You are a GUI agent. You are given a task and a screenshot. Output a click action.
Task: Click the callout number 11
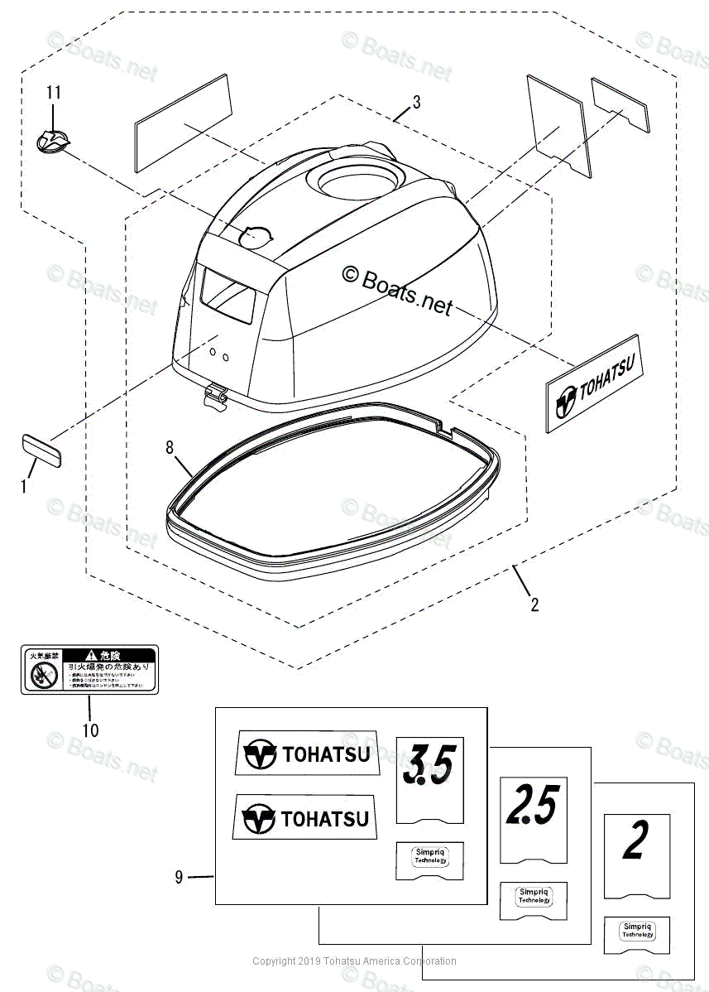tap(54, 93)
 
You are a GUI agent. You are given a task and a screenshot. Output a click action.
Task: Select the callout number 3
tap(416, 103)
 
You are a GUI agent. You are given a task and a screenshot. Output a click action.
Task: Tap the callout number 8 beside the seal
tap(170, 448)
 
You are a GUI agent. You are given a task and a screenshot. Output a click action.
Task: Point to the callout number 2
tap(534, 605)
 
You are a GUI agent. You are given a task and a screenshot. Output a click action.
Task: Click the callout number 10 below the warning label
tap(90, 730)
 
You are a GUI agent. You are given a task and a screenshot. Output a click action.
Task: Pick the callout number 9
tap(179, 877)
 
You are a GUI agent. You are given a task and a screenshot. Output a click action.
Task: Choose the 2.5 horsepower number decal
tap(533, 804)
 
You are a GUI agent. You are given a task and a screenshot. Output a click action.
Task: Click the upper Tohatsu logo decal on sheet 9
tap(306, 754)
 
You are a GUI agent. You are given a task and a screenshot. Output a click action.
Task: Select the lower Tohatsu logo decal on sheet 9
tap(304, 818)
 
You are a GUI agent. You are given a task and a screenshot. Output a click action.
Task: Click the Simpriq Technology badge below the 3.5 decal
tap(430, 859)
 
